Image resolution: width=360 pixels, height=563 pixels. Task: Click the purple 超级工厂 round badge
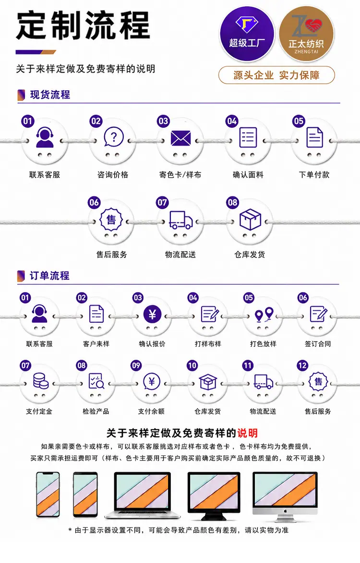pos(247,34)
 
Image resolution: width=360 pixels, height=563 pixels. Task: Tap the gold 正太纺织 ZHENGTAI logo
pos(306,35)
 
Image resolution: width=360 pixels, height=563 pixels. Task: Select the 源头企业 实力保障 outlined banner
pos(276,75)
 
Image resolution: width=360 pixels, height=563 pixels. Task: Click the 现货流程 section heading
pos(50,95)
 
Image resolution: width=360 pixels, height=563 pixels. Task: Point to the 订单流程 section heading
pos(49,276)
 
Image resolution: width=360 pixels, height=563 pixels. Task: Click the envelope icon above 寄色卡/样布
pos(180,138)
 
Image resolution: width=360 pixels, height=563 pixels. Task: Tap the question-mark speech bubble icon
pos(113,138)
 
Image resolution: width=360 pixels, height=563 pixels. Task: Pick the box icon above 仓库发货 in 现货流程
pos(250,219)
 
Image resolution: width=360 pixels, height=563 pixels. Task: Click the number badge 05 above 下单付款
pos(298,121)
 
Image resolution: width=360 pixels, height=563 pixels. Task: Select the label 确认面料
pos(248,175)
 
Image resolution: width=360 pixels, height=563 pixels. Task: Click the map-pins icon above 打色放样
pos(264,315)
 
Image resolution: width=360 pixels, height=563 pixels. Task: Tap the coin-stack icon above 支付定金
pos(40,381)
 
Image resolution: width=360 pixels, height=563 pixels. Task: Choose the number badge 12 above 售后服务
pos(302,366)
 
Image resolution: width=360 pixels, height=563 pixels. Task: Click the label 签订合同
pos(318,343)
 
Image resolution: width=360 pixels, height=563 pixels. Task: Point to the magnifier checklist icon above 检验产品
pos(96,381)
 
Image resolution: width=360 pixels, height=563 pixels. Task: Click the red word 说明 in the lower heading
pos(247,433)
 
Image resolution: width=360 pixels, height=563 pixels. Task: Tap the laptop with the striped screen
pos(142,495)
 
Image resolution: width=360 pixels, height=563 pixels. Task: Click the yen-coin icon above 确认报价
pos(152,315)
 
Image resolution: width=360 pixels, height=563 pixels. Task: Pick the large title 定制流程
pos(83,25)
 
